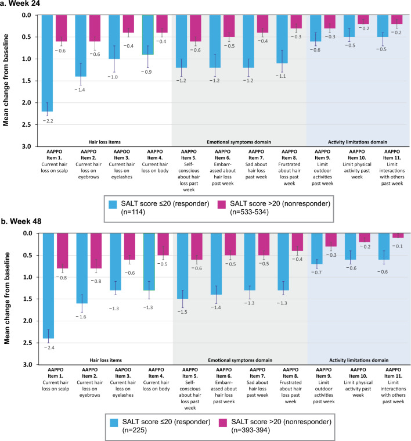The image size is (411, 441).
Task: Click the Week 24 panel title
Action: (x=24, y=5)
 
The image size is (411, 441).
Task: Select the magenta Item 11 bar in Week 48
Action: (x=398, y=235)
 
